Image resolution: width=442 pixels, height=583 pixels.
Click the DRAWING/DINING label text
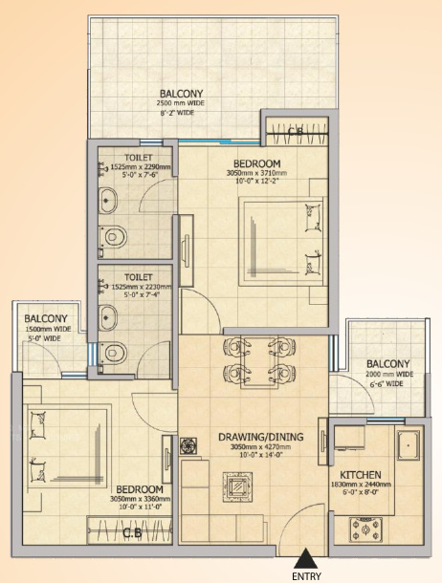pyautogui.click(x=261, y=438)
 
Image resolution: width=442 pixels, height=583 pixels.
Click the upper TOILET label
pyautogui.click(x=139, y=157)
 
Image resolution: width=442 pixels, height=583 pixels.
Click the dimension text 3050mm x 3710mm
pyautogui.click(x=256, y=173)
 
